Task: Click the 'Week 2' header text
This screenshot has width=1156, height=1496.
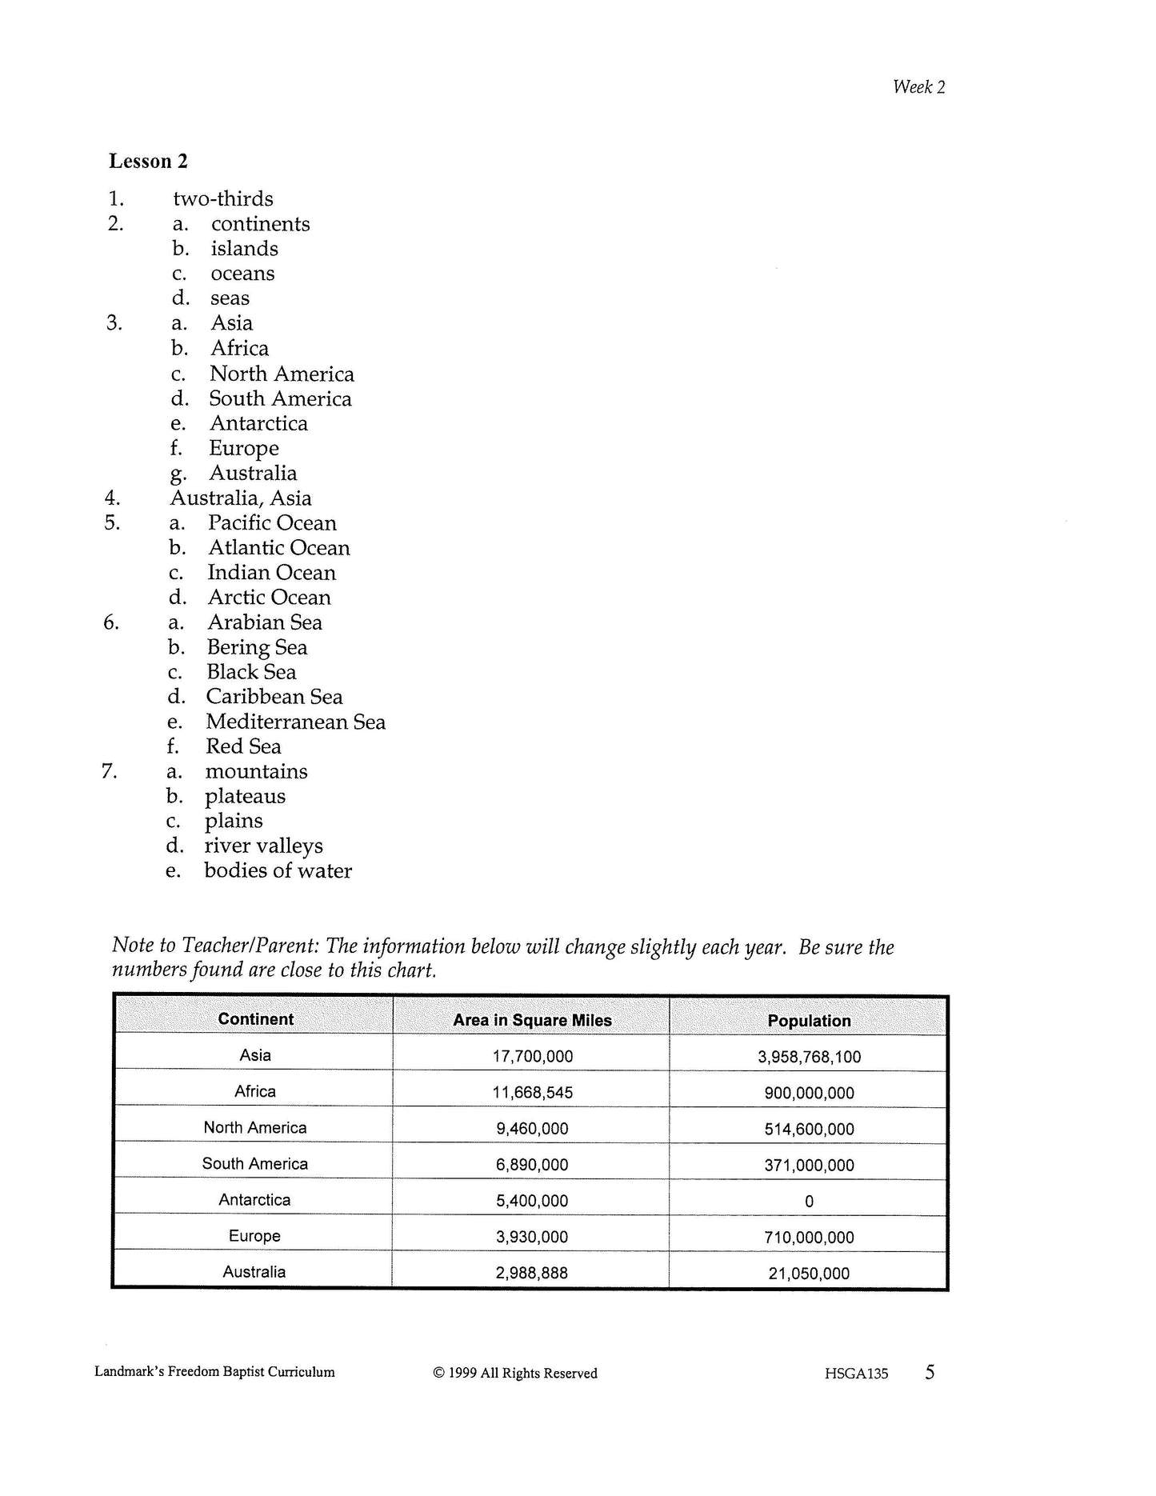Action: point(918,87)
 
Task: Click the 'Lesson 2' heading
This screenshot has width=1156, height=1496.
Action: point(148,162)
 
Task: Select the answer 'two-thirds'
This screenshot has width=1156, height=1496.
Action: point(222,198)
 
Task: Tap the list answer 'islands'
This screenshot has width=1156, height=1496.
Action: point(244,249)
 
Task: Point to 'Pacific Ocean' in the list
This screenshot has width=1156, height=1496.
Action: point(272,523)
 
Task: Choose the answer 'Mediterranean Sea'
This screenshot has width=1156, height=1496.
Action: point(295,722)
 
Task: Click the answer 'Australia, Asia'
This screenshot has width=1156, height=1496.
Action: point(240,498)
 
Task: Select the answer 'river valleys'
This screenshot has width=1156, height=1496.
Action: point(263,846)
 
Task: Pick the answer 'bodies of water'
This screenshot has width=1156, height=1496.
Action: point(278,871)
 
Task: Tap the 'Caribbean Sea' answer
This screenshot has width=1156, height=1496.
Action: point(274,697)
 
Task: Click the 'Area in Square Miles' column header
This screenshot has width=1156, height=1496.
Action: point(532,1020)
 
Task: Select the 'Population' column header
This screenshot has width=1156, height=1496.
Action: point(809,1021)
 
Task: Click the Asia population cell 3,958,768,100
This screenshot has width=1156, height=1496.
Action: point(809,1057)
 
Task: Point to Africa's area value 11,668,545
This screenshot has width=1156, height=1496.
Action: point(532,1093)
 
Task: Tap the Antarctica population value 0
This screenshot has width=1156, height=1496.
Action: point(809,1202)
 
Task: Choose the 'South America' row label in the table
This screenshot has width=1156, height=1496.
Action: point(254,1164)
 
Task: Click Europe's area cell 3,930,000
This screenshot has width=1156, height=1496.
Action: point(532,1238)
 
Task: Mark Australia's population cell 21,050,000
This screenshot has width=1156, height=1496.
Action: point(809,1274)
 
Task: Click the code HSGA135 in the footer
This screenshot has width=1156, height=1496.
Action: point(856,1374)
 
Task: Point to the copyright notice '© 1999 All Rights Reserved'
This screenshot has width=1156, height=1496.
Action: point(515,1374)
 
